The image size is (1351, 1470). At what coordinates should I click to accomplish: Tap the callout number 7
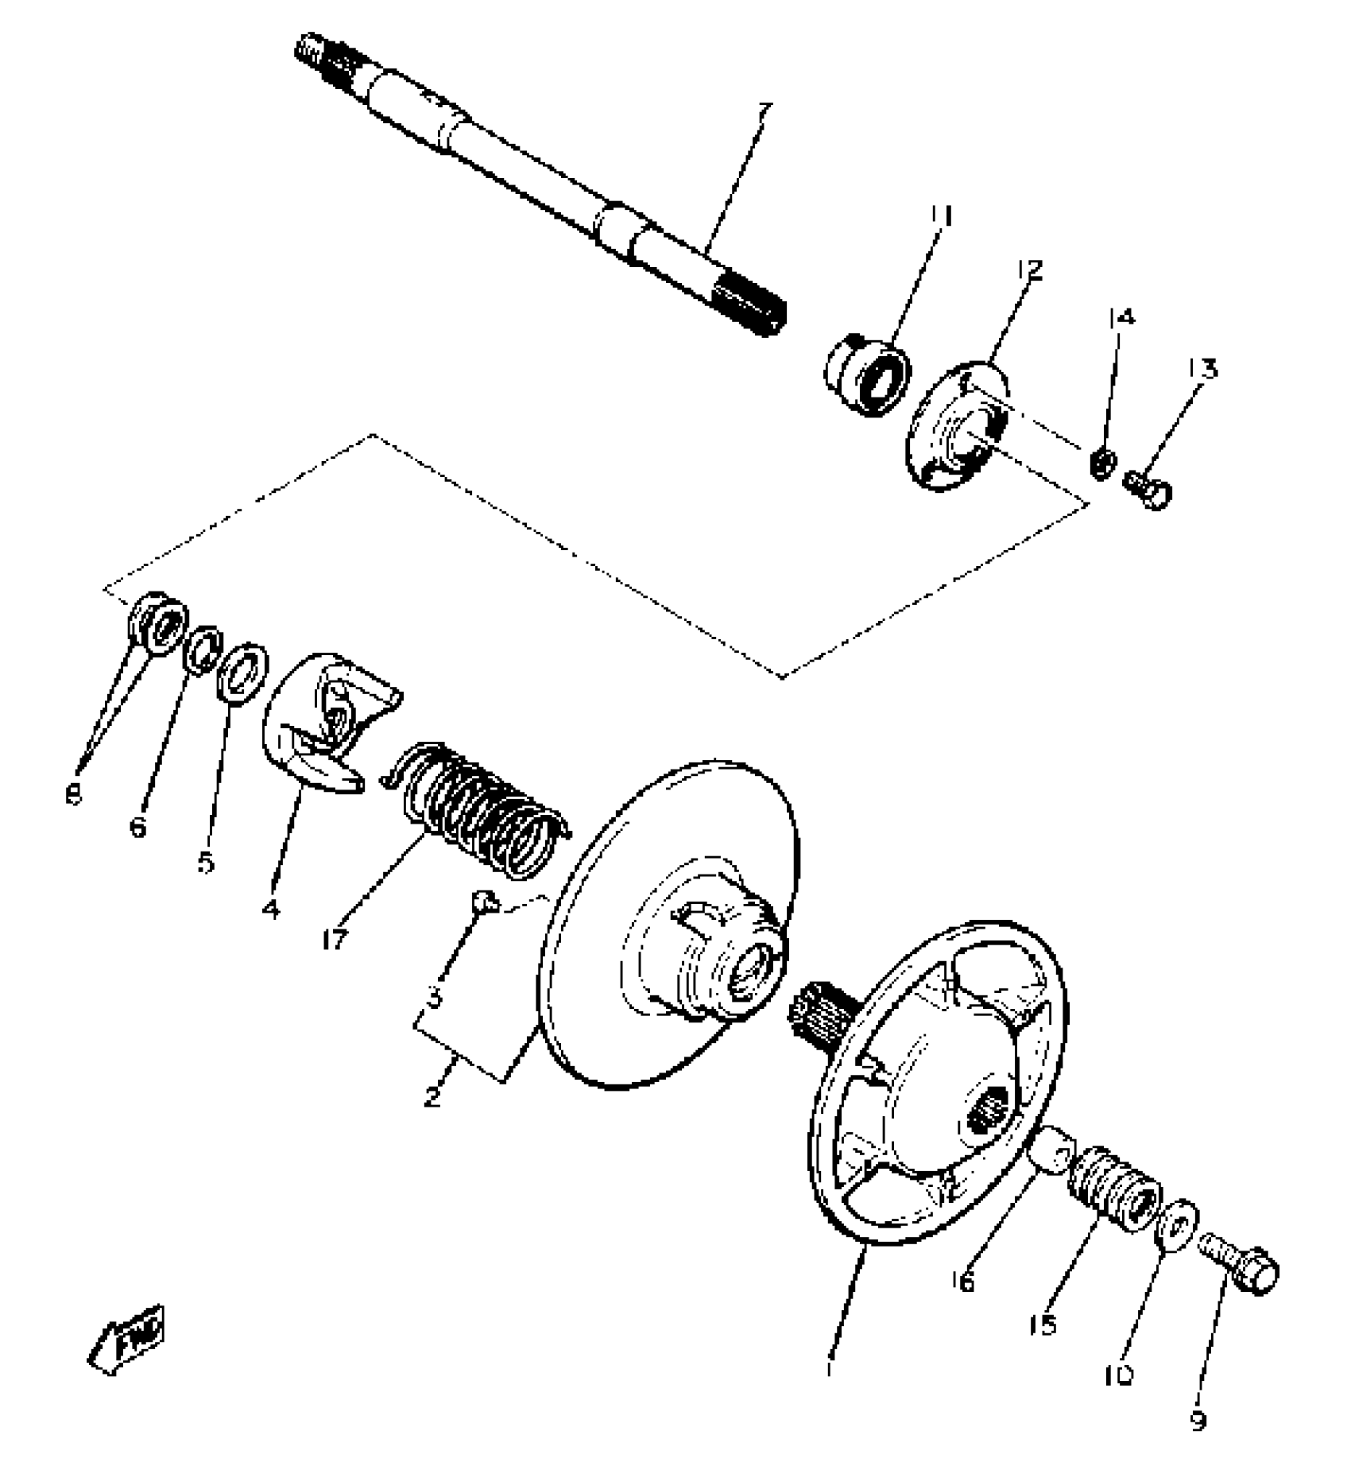764,112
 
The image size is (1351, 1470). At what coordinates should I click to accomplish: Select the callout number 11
942,215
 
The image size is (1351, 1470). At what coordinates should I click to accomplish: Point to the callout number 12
1029,270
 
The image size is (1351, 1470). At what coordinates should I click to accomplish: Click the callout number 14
1121,317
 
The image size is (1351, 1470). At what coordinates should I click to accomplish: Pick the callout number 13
1203,369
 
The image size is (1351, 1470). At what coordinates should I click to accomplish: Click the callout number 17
335,940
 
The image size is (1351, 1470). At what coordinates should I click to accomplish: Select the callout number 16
962,1282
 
